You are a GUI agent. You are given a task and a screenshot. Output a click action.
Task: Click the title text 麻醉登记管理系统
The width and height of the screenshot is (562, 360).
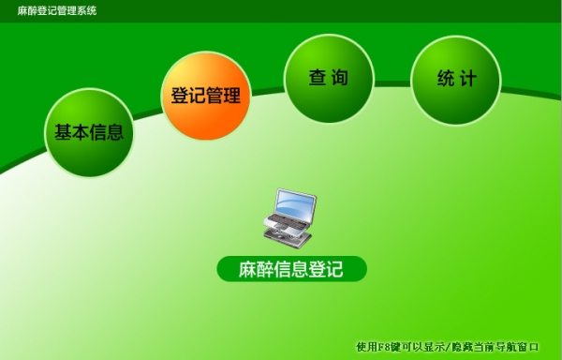click(x=56, y=11)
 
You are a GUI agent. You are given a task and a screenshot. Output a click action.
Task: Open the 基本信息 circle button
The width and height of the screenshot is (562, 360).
click(x=89, y=132)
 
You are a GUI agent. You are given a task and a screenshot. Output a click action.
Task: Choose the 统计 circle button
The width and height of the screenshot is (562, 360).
click(x=455, y=80)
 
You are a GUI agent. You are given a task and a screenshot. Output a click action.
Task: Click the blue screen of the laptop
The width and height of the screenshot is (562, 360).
click(x=296, y=203)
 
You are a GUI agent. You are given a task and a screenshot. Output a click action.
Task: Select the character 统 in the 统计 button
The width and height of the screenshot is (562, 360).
click(x=445, y=80)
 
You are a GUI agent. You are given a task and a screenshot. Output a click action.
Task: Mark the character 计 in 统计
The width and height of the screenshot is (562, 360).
click(x=467, y=80)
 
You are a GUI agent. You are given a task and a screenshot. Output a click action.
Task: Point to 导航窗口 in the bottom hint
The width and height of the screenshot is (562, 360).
click(x=519, y=347)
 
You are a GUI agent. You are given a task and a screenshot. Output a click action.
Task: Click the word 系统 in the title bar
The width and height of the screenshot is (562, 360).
click(x=87, y=11)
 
